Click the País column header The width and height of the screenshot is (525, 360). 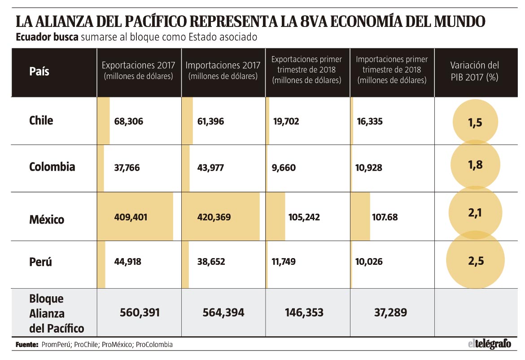click(x=39, y=71)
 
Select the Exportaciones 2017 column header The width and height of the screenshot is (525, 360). click(x=138, y=70)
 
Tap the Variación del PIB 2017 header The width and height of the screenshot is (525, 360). click(x=474, y=71)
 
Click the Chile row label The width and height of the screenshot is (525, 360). click(x=41, y=121)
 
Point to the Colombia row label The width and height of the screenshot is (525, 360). click(x=52, y=167)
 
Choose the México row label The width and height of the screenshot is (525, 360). click(x=47, y=220)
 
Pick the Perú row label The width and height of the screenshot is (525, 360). click(x=40, y=262)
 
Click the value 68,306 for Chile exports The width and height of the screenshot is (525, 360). click(x=129, y=121)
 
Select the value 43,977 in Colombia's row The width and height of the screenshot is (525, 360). click(x=210, y=167)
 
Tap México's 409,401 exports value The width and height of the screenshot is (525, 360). click(x=131, y=217)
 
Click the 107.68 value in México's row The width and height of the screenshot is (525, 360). click(x=385, y=217)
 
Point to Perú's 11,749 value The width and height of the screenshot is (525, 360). click(x=284, y=262)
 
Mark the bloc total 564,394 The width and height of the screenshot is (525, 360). click(x=223, y=312)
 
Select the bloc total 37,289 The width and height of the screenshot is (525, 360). click(x=390, y=312)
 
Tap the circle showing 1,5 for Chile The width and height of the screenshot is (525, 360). click(x=475, y=122)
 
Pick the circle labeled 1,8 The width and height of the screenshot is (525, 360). click(x=475, y=164)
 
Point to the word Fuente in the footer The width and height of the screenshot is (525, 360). click(x=27, y=345)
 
